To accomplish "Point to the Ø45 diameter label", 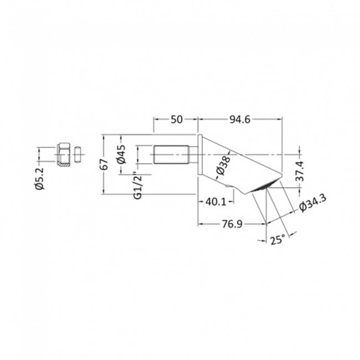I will pos(122,153).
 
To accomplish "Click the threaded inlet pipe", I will pos(172,154).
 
